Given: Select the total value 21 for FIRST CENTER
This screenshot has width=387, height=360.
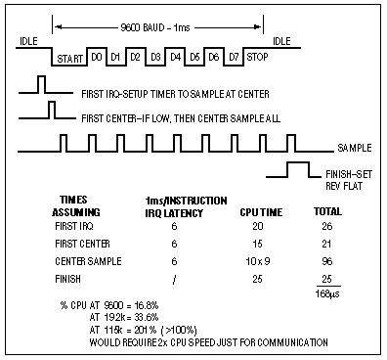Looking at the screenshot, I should tap(318, 244).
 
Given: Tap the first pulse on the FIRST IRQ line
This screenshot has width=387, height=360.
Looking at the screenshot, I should tap(42, 83).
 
